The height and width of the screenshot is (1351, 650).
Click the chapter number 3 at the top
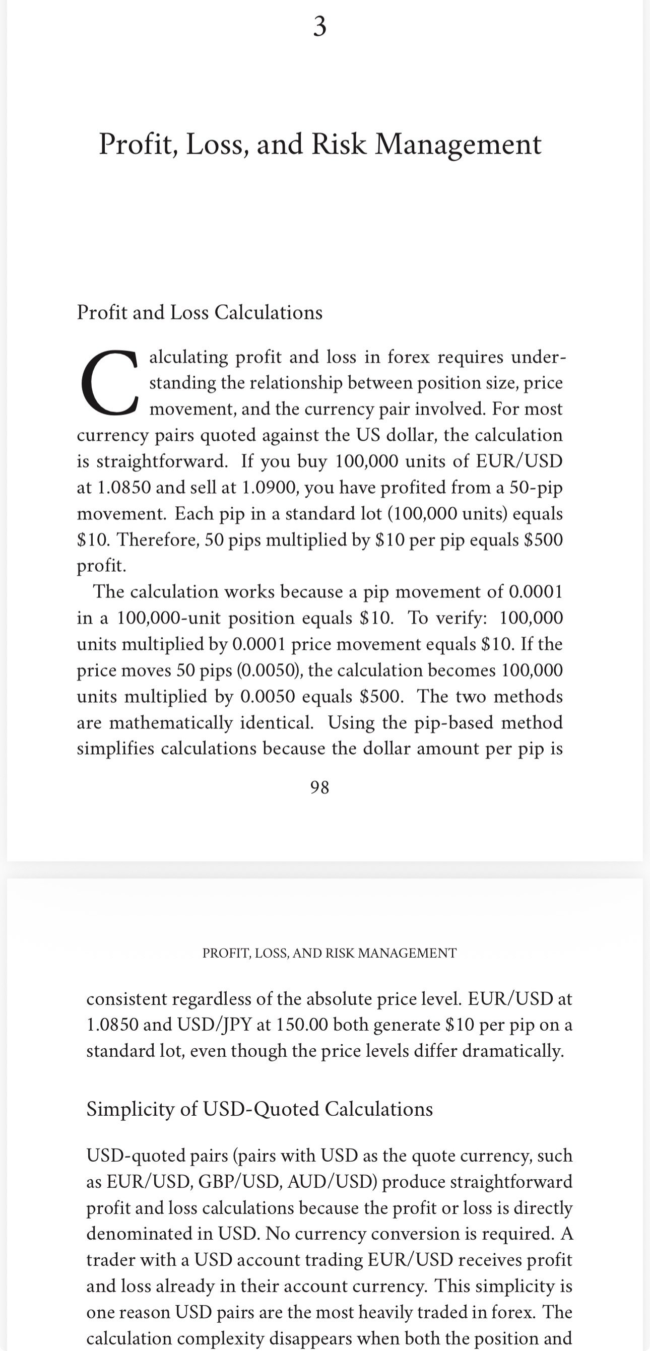point(319,26)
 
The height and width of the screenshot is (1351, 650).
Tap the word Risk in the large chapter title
point(339,144)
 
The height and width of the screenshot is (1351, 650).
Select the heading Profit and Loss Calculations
point(200,313)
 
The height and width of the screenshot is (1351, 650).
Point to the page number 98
point(319,787)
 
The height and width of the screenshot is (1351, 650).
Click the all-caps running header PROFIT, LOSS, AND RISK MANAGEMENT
point(330,953)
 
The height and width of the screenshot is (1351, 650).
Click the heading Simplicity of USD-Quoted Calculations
point(259,1109)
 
